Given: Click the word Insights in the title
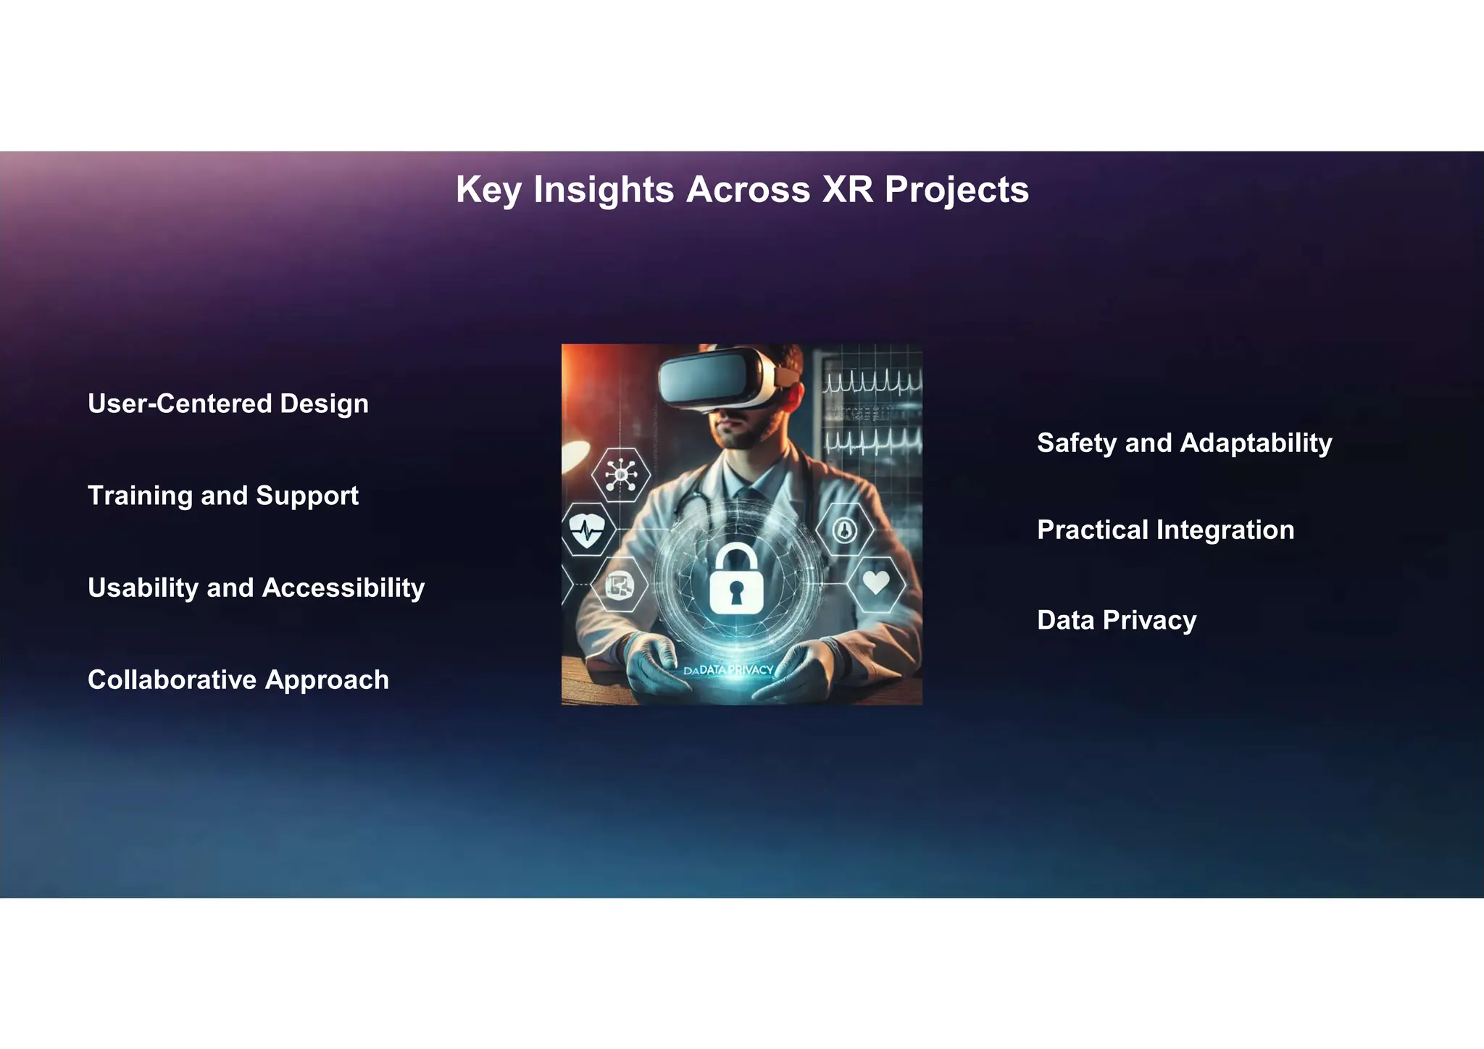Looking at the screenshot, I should point(604,190).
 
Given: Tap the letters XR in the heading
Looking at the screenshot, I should point(847,190).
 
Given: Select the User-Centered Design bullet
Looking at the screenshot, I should point(228,404).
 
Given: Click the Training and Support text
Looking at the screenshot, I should point(222,496).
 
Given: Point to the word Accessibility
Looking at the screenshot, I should point(343,588).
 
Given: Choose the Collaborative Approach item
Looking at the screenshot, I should point(238,680).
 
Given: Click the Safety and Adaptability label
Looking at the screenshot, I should point(1184,443).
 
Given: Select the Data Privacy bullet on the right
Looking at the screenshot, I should point(1116,620).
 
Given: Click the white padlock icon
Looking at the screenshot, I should point(736,580).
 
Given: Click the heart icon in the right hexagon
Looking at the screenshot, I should point(876,582).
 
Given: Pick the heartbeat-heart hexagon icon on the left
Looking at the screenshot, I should point(587,530).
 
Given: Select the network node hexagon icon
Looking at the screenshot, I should point(621,475).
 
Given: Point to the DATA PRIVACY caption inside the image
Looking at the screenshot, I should point(729,670).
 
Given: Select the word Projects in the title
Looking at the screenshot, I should point(956,190).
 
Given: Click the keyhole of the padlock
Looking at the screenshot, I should point(736,592).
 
